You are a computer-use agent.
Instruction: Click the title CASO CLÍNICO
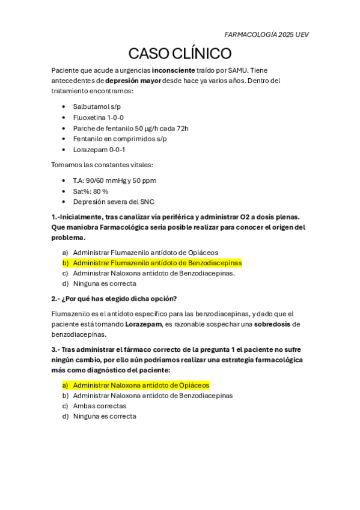pyautogui.click(x=180, y=54)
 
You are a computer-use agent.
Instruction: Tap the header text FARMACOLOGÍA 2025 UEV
pyautogui.click(x=266, y=35)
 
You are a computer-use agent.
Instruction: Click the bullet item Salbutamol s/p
pyautogui.click(x=97, y=106)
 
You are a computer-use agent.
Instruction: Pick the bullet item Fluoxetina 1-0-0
pyautogui.click(x=99, y=117)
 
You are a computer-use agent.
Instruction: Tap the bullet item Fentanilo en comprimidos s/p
pyautogui.click(x=120, y=139)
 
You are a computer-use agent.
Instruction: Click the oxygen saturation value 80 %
pyautogui.click(x=100, y=191)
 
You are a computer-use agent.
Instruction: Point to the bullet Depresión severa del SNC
pyautogui.click(x=114, y=202)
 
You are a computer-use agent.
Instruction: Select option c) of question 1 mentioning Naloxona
pyautogui.click(x=153, y=273)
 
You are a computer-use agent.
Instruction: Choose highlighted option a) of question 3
pyautogui.click(x=141, y=385)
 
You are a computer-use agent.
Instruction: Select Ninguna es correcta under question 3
pyautogui.click(x=105, y=416)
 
